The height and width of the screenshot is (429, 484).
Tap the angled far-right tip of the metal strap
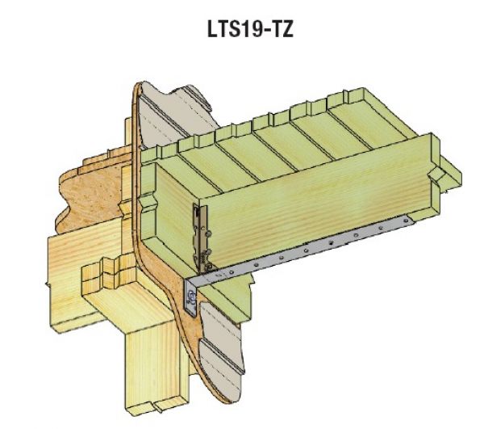point(408,220)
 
